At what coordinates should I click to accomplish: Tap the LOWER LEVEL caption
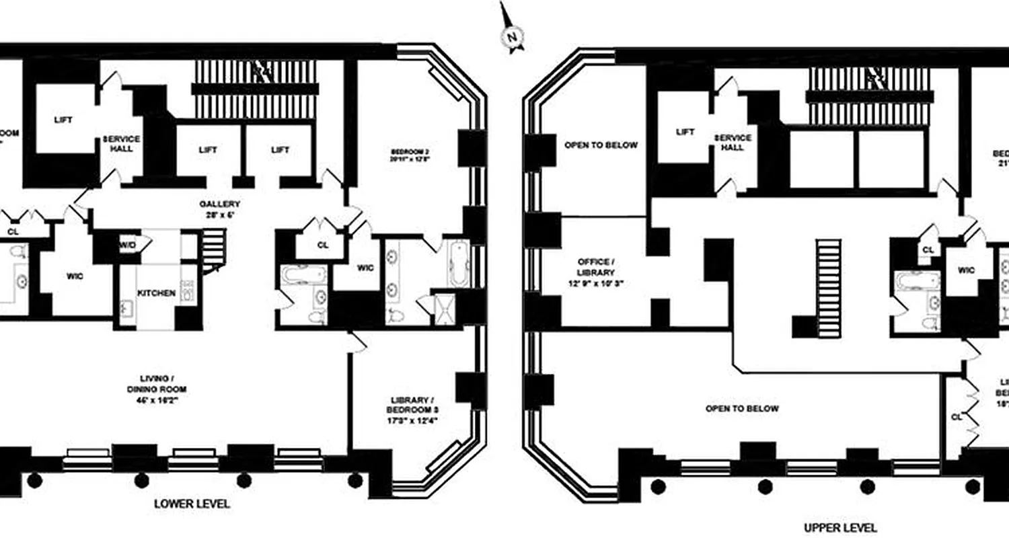coord(192,504)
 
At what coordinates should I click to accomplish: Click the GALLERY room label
coord(219,209)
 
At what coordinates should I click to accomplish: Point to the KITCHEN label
coord(156,293)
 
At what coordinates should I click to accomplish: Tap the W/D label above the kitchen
coord(128,245)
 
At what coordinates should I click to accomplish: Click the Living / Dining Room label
coord(156,389)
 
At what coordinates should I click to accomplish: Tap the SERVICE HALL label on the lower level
coord(122,143)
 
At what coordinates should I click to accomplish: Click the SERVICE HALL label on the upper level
coord(733,143)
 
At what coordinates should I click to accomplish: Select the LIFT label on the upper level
coord(685,132)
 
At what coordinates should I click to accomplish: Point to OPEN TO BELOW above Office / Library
coord(601,145)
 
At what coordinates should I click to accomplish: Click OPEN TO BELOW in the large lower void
coord(742,409)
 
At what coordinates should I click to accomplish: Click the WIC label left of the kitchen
coord(75,276)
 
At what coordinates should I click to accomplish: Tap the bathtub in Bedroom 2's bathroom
coord(458,264)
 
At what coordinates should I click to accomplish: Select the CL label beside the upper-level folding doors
coord(956,417)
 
